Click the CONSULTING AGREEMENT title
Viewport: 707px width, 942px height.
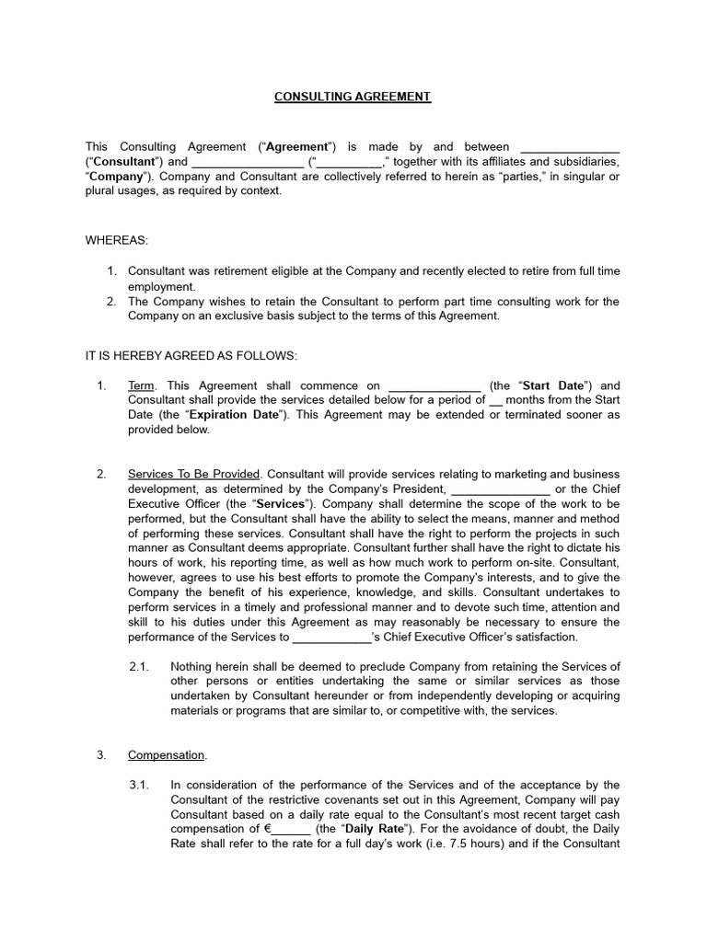(353, 97)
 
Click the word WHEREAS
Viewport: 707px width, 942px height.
(116, 240)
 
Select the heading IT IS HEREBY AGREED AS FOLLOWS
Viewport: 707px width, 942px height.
(191, 355)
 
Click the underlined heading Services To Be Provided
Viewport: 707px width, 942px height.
(194, 473)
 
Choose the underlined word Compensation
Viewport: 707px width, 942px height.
(167, 755)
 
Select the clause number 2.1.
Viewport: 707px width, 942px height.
(139, 667)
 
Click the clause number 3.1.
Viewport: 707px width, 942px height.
(139, 785)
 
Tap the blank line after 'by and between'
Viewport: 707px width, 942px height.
(570, 147)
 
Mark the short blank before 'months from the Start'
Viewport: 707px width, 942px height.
(496, 401)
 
